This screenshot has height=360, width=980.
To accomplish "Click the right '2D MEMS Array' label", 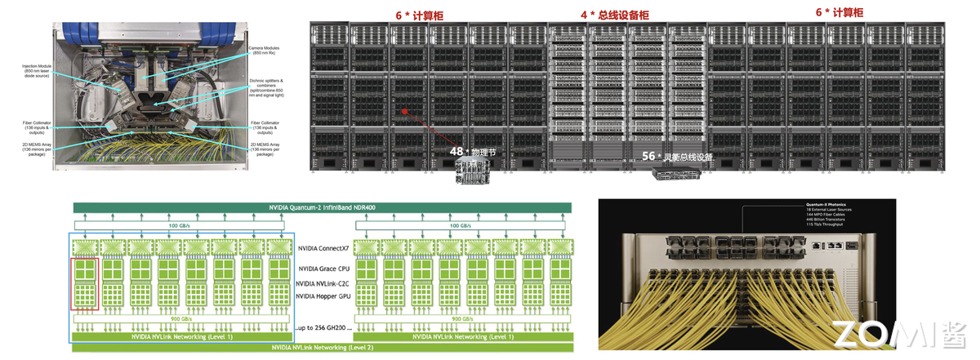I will click(x=266, y=149).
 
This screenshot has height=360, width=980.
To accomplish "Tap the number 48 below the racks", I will click(x=457, y=151).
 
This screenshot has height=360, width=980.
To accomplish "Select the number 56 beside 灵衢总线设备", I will click(x=649, y=155).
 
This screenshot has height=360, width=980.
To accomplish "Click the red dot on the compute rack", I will click(x=402, y=109).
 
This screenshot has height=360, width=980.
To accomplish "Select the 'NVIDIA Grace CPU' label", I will click(x=325, y=268).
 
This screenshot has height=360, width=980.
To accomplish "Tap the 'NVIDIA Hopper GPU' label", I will click(x=325, y=296).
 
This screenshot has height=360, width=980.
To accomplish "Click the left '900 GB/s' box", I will click(x=182, y=318).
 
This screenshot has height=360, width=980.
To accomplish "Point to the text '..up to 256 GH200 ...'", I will click(x=323, y=327).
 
